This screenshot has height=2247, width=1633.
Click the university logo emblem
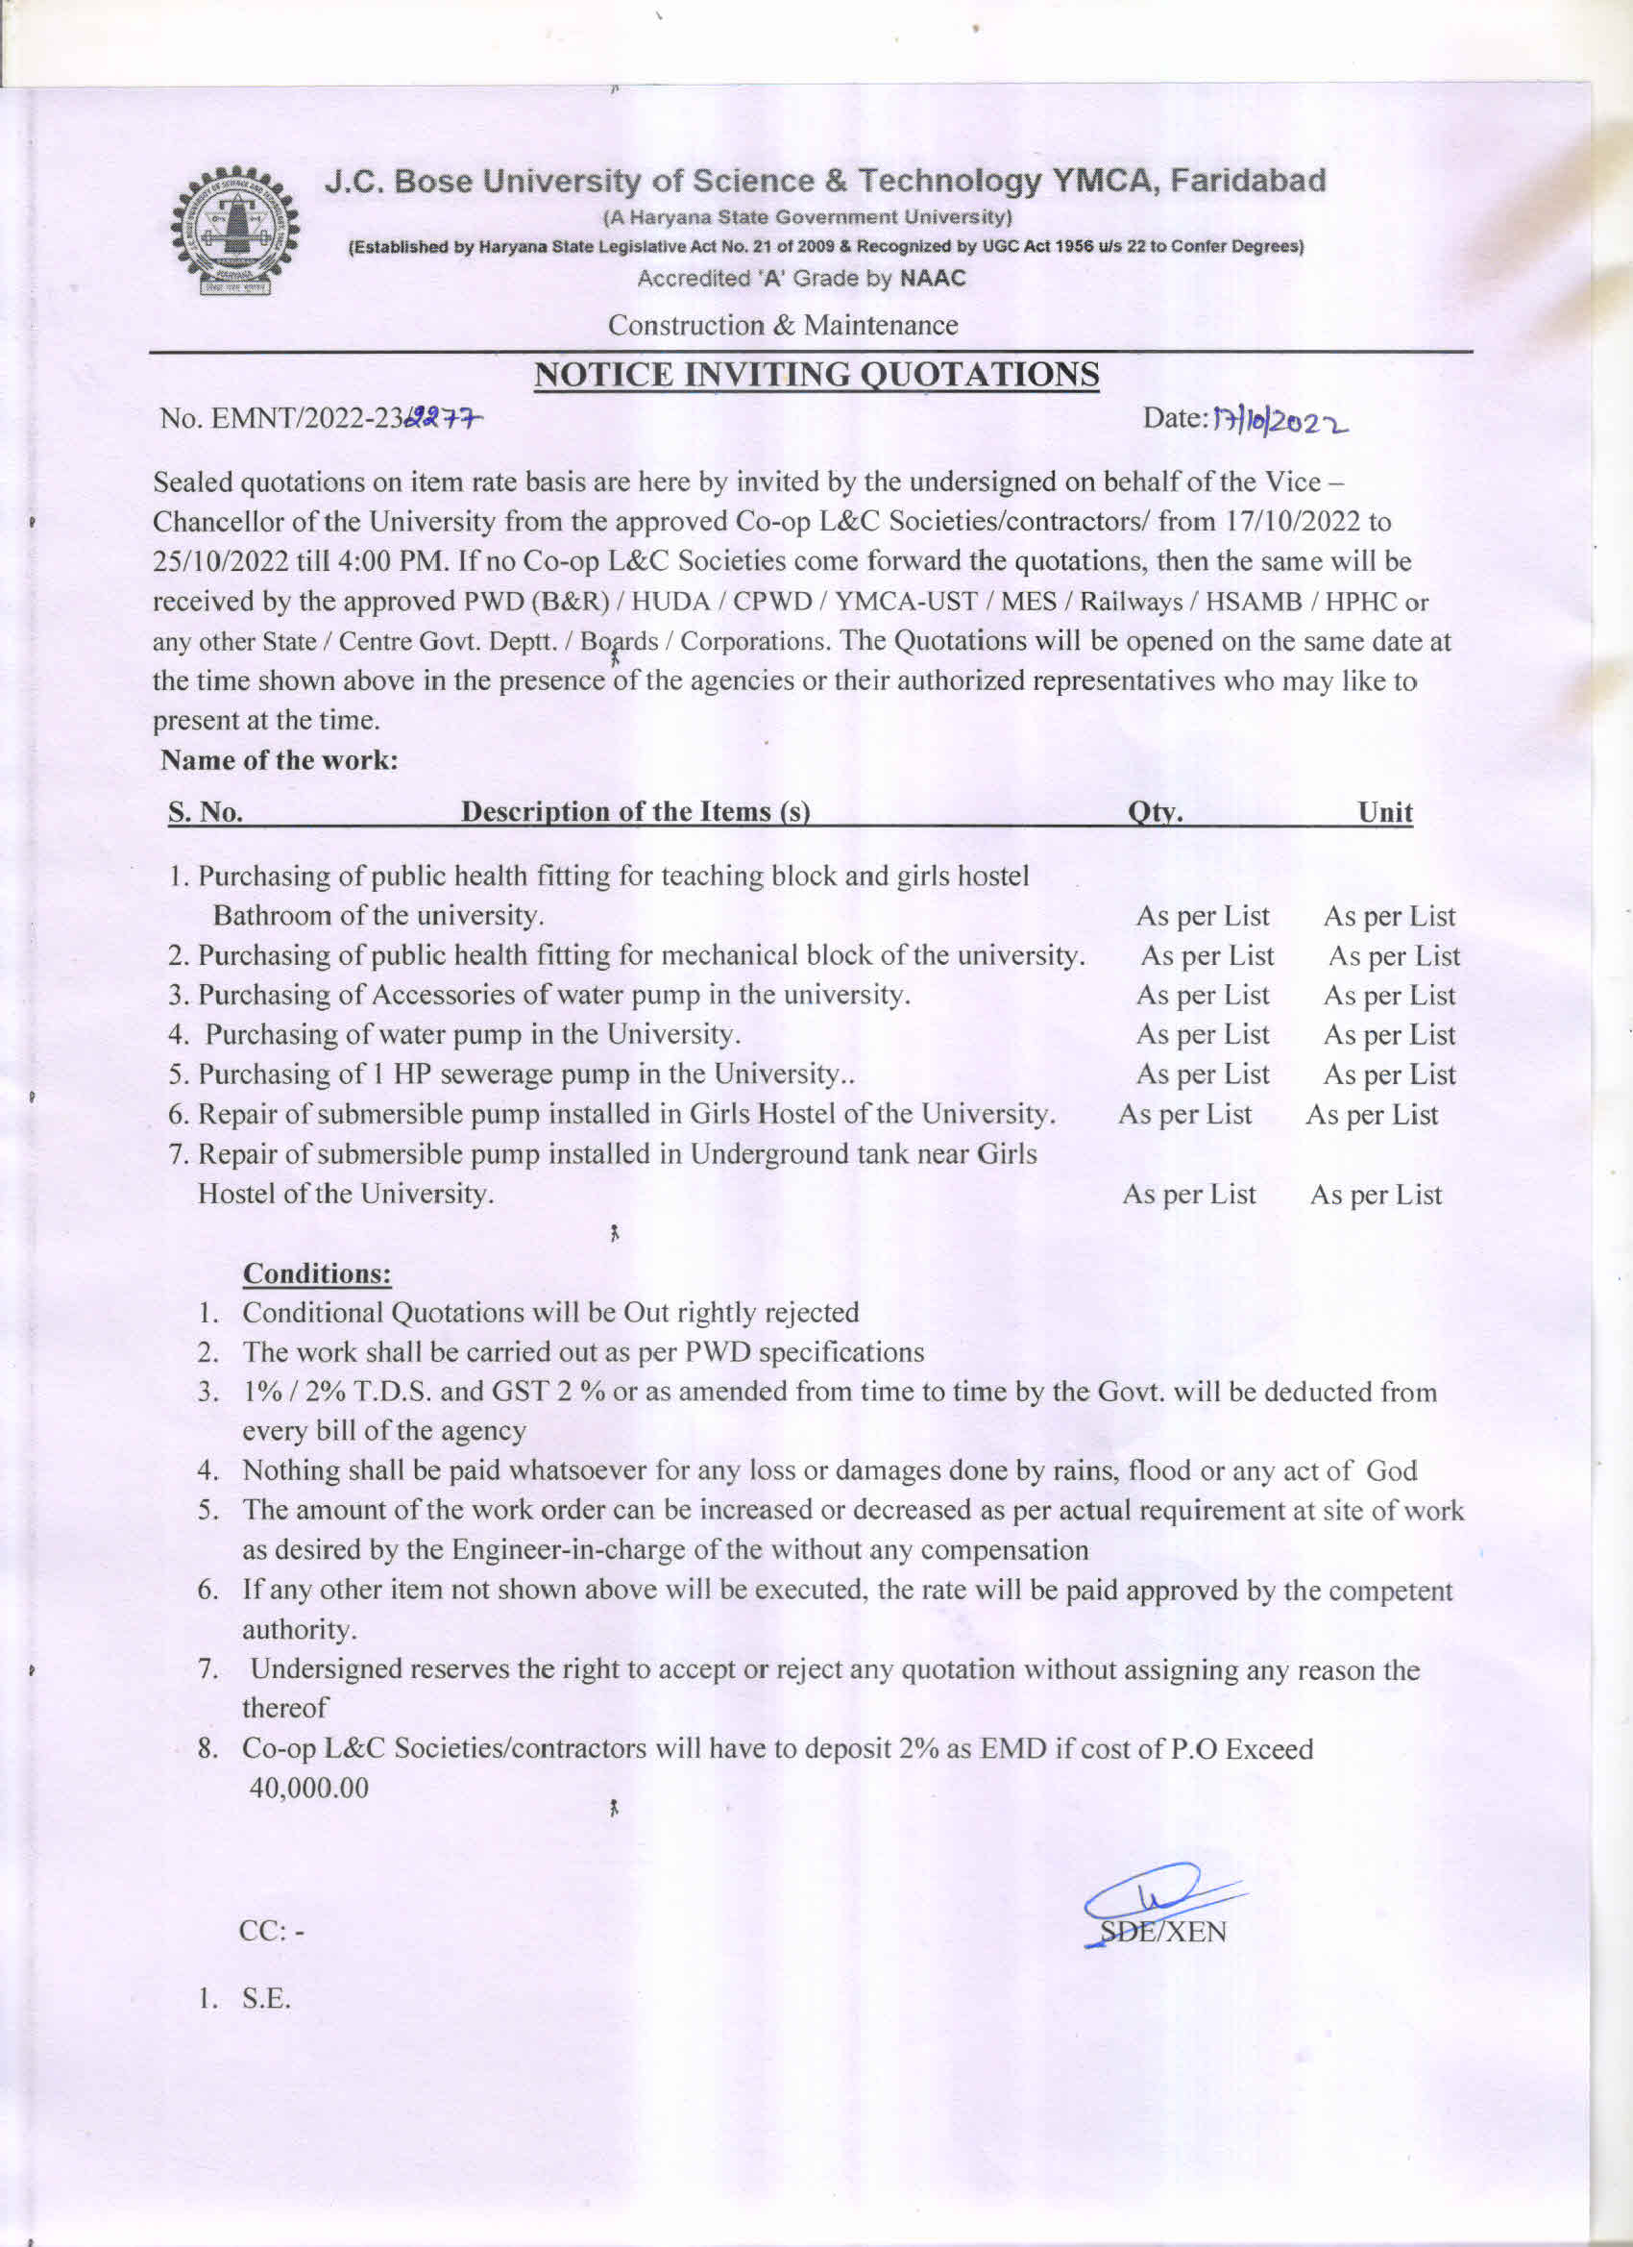coord(233,231)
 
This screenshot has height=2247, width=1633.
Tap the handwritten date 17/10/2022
coord(1278,422)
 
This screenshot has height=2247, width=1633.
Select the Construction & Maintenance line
coord(782,325)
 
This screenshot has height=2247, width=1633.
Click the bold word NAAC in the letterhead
coord(932,279)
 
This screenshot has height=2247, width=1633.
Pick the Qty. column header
coord(1156,812)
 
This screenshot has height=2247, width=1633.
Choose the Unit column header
coord(1384,812)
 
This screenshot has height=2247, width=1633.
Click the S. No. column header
coord(205,812)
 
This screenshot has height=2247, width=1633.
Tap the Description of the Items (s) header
coord(636,812)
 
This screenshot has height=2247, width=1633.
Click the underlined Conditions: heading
coord(317,1273)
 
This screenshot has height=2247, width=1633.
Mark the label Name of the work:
coord(280,761)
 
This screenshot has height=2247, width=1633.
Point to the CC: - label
coord(271,1932)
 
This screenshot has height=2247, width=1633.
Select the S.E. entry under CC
coord(266,1998)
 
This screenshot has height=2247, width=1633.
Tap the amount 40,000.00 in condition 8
coord(309,1789)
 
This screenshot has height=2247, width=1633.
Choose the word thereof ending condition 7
coord(284,1708)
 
